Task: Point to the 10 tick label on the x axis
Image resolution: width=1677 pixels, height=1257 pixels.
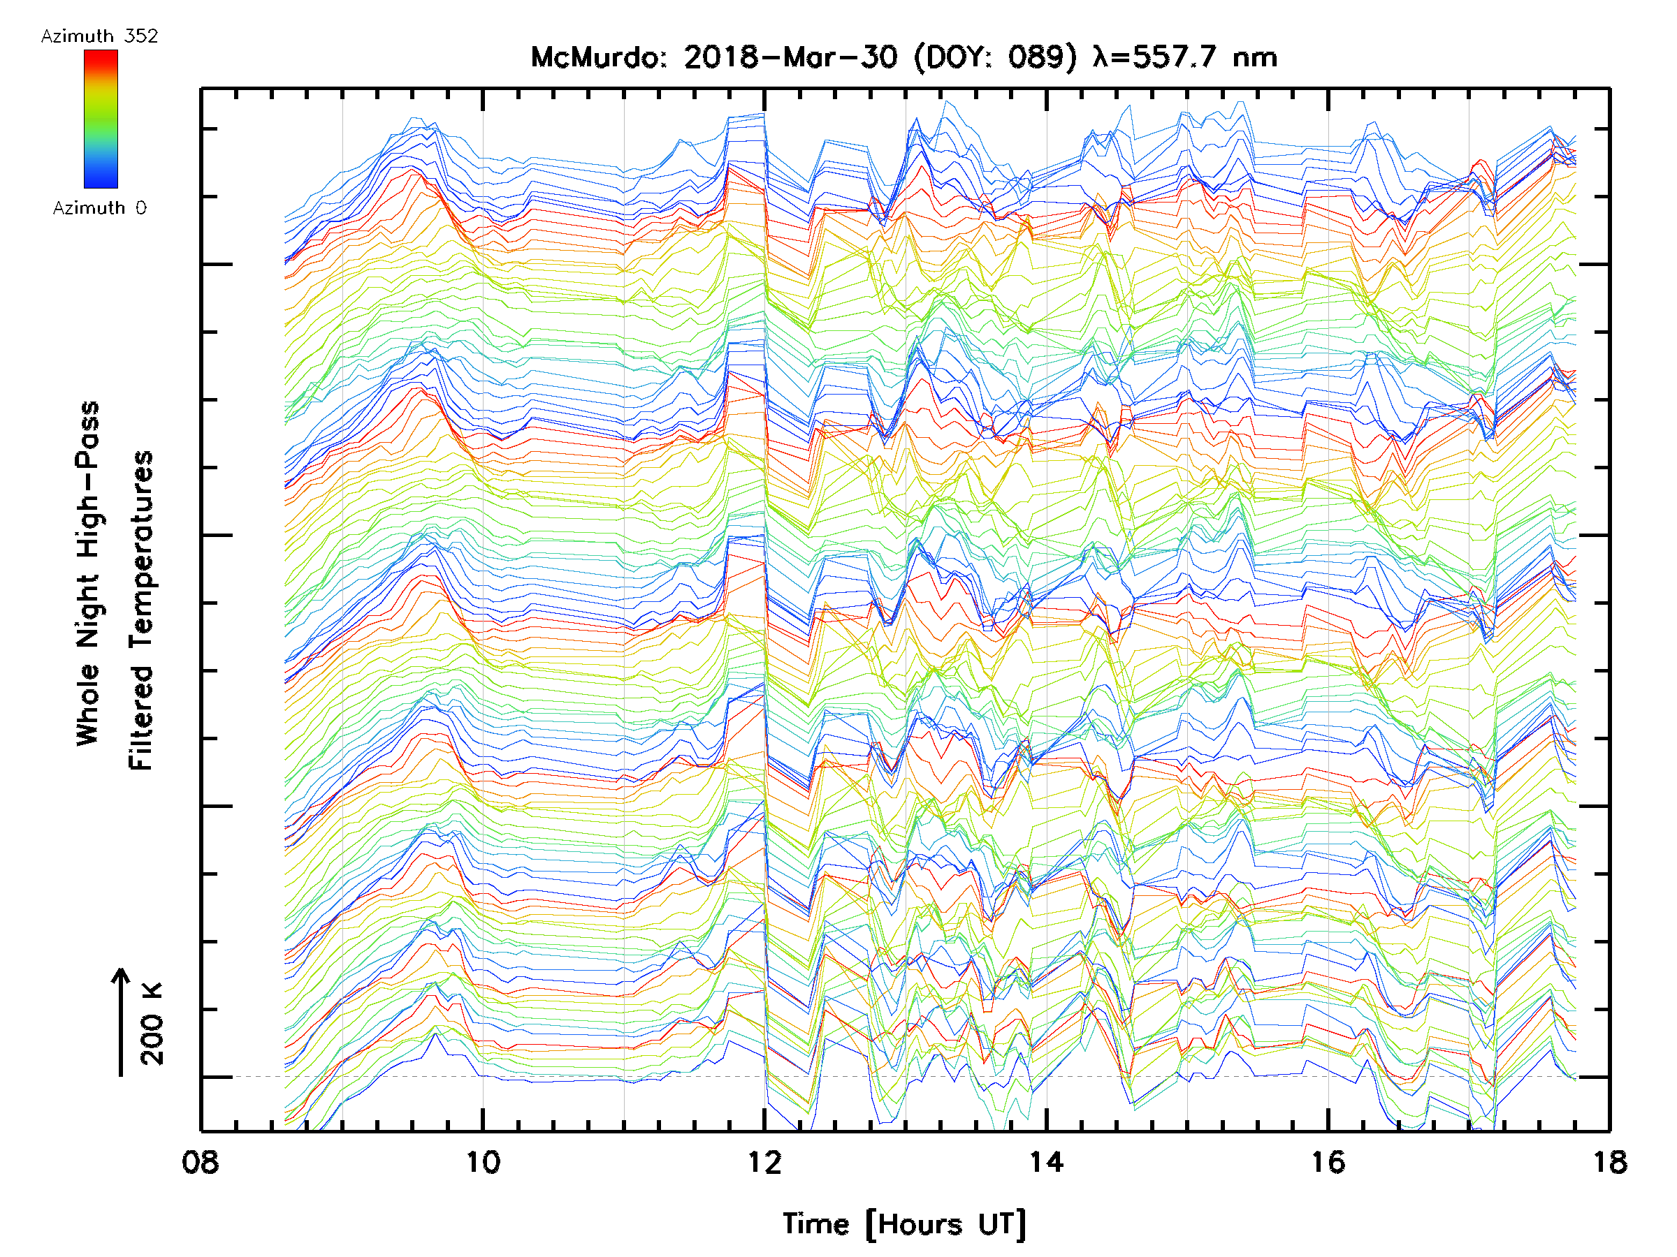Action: coord(483,1162)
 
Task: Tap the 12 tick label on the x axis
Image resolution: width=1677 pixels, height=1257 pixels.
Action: coord(764,1162)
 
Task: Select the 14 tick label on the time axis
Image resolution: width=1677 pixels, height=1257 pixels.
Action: coord(1046,1162)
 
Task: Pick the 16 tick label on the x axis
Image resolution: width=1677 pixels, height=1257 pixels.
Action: coord(1328,1162)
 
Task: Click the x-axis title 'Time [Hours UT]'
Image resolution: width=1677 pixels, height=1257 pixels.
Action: coord(904,1224)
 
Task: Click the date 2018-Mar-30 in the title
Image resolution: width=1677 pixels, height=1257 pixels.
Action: coord(791,57)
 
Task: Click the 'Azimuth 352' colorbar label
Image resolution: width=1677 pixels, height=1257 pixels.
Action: coord(99,36)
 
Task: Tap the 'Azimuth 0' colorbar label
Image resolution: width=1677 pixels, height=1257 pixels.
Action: coord(99,207)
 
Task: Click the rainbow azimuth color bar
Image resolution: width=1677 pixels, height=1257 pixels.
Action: coord(101,119)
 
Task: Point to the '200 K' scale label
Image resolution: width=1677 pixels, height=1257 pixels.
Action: coord(152,1024)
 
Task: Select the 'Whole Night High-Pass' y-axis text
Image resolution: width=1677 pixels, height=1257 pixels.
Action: coord(88,573)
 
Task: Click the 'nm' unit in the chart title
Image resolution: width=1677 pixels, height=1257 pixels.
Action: coord(1256,57)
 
